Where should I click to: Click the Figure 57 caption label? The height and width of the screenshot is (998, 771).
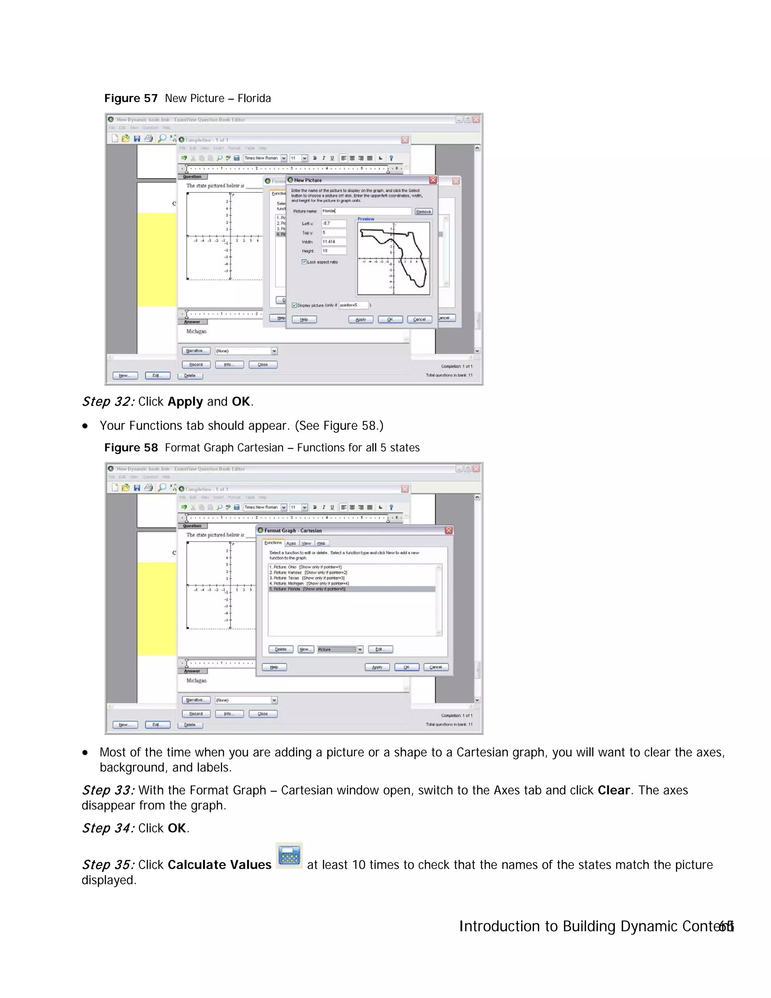pos(131,98)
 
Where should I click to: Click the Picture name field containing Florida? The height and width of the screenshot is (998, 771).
pos(366,211)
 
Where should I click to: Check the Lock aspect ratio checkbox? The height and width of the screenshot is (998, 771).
pos(304,262)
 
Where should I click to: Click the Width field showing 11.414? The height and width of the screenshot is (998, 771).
pos(334,242)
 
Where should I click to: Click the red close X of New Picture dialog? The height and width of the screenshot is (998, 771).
pos(433,180)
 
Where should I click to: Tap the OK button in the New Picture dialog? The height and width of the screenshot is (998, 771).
pos(390,319)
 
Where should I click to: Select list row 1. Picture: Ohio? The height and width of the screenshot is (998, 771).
pos(306,567)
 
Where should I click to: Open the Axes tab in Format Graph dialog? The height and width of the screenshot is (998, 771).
pos(291,543)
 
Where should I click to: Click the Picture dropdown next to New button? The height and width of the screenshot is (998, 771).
pos(340,649)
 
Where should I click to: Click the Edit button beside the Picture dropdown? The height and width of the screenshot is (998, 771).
pos(380,649)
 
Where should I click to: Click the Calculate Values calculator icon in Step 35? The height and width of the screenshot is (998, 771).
pos(289,855)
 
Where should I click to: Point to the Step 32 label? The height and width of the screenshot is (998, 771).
pos(108,402)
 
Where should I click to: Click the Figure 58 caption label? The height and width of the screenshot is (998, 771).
pos(131,447)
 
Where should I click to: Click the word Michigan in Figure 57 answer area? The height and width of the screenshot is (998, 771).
pos(197,331)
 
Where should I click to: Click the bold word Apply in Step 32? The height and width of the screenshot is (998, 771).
pos(185,402)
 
